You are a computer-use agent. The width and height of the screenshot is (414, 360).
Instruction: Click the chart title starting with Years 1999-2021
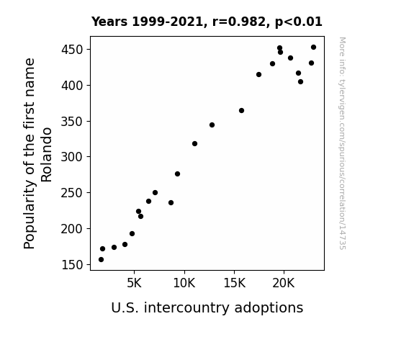tap(207, 22)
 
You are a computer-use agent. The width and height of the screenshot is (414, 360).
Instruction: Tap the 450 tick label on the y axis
tap(72, 50)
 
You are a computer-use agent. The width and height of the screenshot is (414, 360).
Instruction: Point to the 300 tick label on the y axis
tap(72, 157)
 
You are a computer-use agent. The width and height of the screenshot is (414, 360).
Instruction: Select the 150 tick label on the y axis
tap(72, 265)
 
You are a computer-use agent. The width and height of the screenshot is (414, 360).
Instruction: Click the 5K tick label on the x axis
tap(134, 283)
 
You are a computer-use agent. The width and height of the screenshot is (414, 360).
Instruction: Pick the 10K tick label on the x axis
tap(184, 283)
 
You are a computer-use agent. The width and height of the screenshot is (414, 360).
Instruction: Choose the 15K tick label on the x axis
tap(234, 283)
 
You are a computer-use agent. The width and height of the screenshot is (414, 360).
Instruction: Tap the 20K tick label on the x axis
tap(284, 283)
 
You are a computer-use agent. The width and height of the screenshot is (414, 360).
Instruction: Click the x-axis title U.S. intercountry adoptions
tap(207, 308)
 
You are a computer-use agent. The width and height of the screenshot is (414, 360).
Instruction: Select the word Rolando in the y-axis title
tap(47, 155)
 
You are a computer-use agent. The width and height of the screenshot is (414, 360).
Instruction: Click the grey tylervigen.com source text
tap(342, 143)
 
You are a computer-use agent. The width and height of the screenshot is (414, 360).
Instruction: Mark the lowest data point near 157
tap(101, 260)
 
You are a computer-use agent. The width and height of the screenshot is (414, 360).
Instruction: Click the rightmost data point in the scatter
tap(313, 48)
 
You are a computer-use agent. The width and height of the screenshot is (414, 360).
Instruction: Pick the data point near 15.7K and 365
tap(241, 111)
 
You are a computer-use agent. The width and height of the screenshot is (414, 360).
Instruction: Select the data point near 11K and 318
tap(194, 144)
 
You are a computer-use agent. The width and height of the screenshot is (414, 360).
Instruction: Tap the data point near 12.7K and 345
tap(212, 125)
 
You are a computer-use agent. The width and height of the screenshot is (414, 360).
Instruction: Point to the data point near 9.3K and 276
tap(177, 174)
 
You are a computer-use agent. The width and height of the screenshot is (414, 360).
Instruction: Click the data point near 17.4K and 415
tap(258, 74)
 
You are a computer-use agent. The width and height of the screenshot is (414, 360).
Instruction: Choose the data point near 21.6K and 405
tap(300, 82)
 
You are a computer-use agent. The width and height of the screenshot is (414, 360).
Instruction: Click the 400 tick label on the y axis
tap(72, 86)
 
